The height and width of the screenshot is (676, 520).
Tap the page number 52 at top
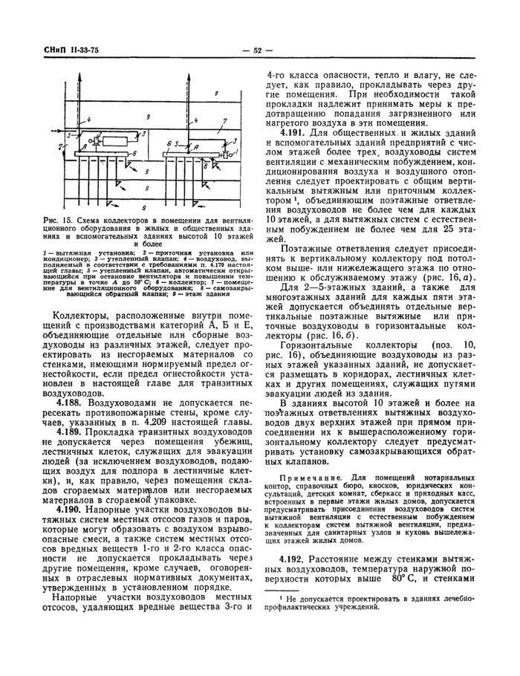coord(259,51)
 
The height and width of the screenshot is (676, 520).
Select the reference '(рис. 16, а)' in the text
coord(446,277)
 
